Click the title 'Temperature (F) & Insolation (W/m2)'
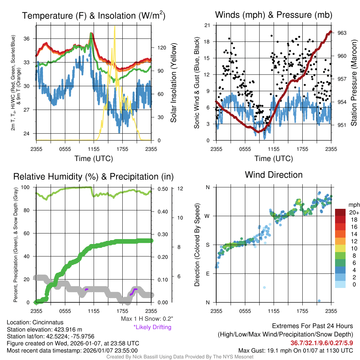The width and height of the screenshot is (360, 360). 94,15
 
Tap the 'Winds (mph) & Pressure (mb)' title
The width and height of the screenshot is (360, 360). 274,15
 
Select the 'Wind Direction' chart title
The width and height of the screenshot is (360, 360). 274,175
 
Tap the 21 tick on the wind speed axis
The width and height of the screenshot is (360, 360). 207,25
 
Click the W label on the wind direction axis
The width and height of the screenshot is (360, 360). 207,216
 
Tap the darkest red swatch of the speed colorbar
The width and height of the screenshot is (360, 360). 341,212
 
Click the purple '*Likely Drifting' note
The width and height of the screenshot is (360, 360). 152,327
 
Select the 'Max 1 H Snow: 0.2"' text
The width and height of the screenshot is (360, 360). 147,319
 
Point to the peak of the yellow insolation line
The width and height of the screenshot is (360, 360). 115,27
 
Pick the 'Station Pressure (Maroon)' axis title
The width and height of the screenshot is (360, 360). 354,83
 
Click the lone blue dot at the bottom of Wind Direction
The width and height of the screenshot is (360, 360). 319,301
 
